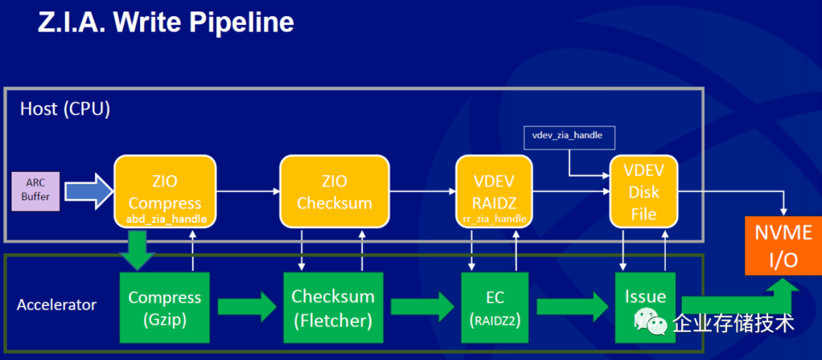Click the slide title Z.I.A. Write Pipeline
click(x=166, y=23)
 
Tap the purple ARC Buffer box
click(x=36, y=192)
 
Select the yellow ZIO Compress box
click(x=165, y=191)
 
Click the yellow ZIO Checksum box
click(x=334, y=191)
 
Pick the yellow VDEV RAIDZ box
click(x=495, y=191)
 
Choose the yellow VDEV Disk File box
click(x=643, y=191)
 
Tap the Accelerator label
click(x=56, y=304)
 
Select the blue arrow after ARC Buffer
click(x=88, y=192)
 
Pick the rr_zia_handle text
click(x=495, y=218)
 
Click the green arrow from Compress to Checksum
click(x=247, y=307)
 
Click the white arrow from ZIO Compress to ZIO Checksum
click(x=248, y=191)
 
